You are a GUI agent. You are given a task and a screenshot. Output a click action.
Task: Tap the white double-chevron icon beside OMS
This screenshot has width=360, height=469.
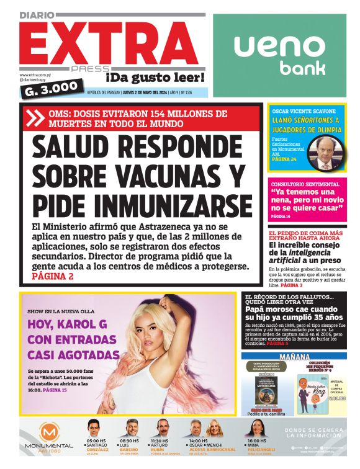pyautogui.click(x=38, y=117)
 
